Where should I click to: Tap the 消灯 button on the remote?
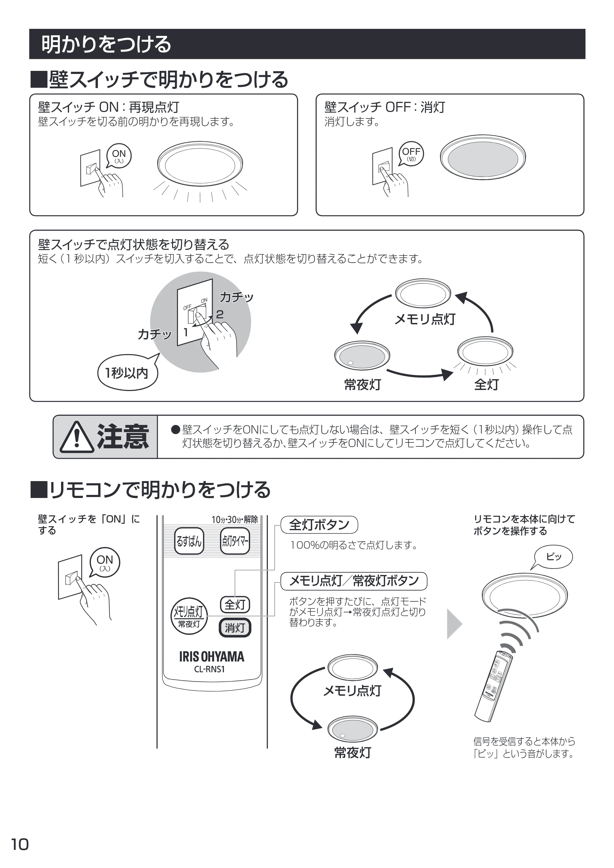(235, 628)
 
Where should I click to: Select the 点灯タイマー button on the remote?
(235, 541)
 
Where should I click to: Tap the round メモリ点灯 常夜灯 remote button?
(189, 616)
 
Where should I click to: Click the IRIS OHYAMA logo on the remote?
(212, 657)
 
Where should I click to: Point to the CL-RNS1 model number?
(210, 669)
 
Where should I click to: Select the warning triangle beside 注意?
(77, 438)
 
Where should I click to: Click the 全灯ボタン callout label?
(319, 525)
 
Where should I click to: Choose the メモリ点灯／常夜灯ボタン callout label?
(354, 581)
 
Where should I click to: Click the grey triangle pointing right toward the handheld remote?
(454, 624)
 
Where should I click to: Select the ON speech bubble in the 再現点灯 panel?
(119, 156)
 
